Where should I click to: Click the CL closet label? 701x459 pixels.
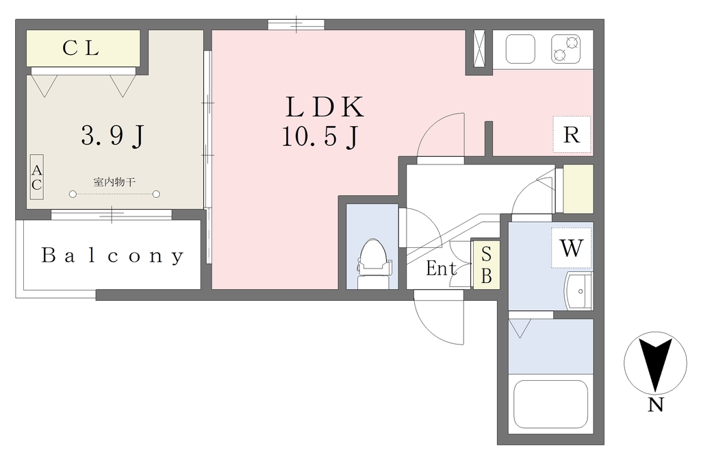pyautogui.click(x=81, y=48)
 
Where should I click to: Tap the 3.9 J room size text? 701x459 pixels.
pyautogui.click(x=113, y=135)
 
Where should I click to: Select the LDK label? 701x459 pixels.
pyautogui.click(x=325, y=107)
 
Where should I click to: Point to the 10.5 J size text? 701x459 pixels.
pyautogui.click(x=320, y=136)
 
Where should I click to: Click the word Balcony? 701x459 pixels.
pyautogui.click(x=112, y=256)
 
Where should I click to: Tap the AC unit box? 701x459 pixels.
pyautogui.click(x=37, y=177)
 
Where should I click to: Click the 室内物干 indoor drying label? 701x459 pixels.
pyautogui.click(x=114, y=182)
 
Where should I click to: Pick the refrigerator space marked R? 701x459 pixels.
pyautogui.click(x=572, y=134)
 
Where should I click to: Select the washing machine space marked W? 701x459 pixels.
pyautogui.click(x=572, y=248)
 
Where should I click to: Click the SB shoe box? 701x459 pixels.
pyautogui.click(x=486, y=265)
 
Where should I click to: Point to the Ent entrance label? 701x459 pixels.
pyautogui.click(x=442, y=269)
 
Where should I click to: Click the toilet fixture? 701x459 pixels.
pyautogui.click(x=373, y=264)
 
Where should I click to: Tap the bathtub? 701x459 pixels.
pyautogui.click(x=550, y=404)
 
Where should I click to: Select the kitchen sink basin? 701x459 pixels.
pyautogui.click(x=520, y=49)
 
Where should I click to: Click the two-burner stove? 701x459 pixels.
pyautogui.click(x=565, y=49)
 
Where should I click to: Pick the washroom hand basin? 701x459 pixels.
pyautogui.click(x=578, y=291)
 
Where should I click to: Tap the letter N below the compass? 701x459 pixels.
pyautogui.click(x=655, y=405)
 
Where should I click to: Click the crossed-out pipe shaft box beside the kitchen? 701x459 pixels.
pyautogui.click(x=479, y=49)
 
